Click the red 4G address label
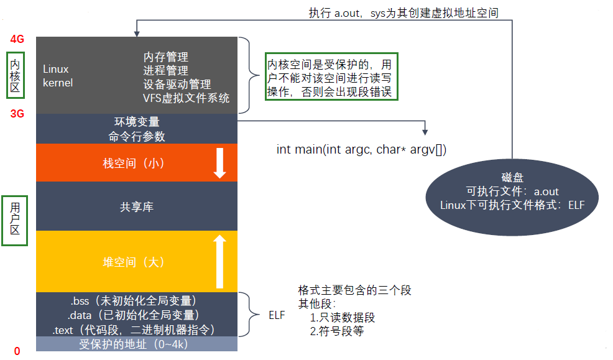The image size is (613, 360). tap(17, 39)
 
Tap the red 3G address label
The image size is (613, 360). tap(17, 114)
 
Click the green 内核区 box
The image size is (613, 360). tap(16, 76)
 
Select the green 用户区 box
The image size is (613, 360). tap(15, 222)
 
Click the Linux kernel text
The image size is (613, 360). tap(57, 76)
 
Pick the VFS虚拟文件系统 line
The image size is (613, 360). tap(186, 98)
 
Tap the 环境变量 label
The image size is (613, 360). tap(137, 122)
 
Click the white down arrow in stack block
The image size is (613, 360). tap(219, 163)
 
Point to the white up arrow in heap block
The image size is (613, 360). tap(219, 261)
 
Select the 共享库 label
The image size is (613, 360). tap(137, 206)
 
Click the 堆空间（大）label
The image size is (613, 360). tap(137, 262)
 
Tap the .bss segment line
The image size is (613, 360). tap(137, 301)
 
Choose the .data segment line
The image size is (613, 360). tap(137, 315)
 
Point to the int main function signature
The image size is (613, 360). tap(361, 150)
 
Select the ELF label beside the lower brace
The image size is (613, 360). tap(277, 315)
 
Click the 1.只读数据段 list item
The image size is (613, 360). tap(343, 318)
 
